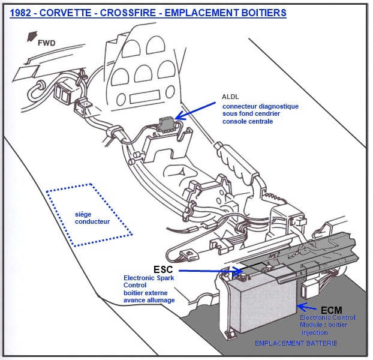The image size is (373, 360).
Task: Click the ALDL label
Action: tap(231, 97)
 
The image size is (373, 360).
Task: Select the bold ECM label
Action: tap(331, 310)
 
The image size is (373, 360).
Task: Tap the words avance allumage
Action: tap(149, 300)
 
